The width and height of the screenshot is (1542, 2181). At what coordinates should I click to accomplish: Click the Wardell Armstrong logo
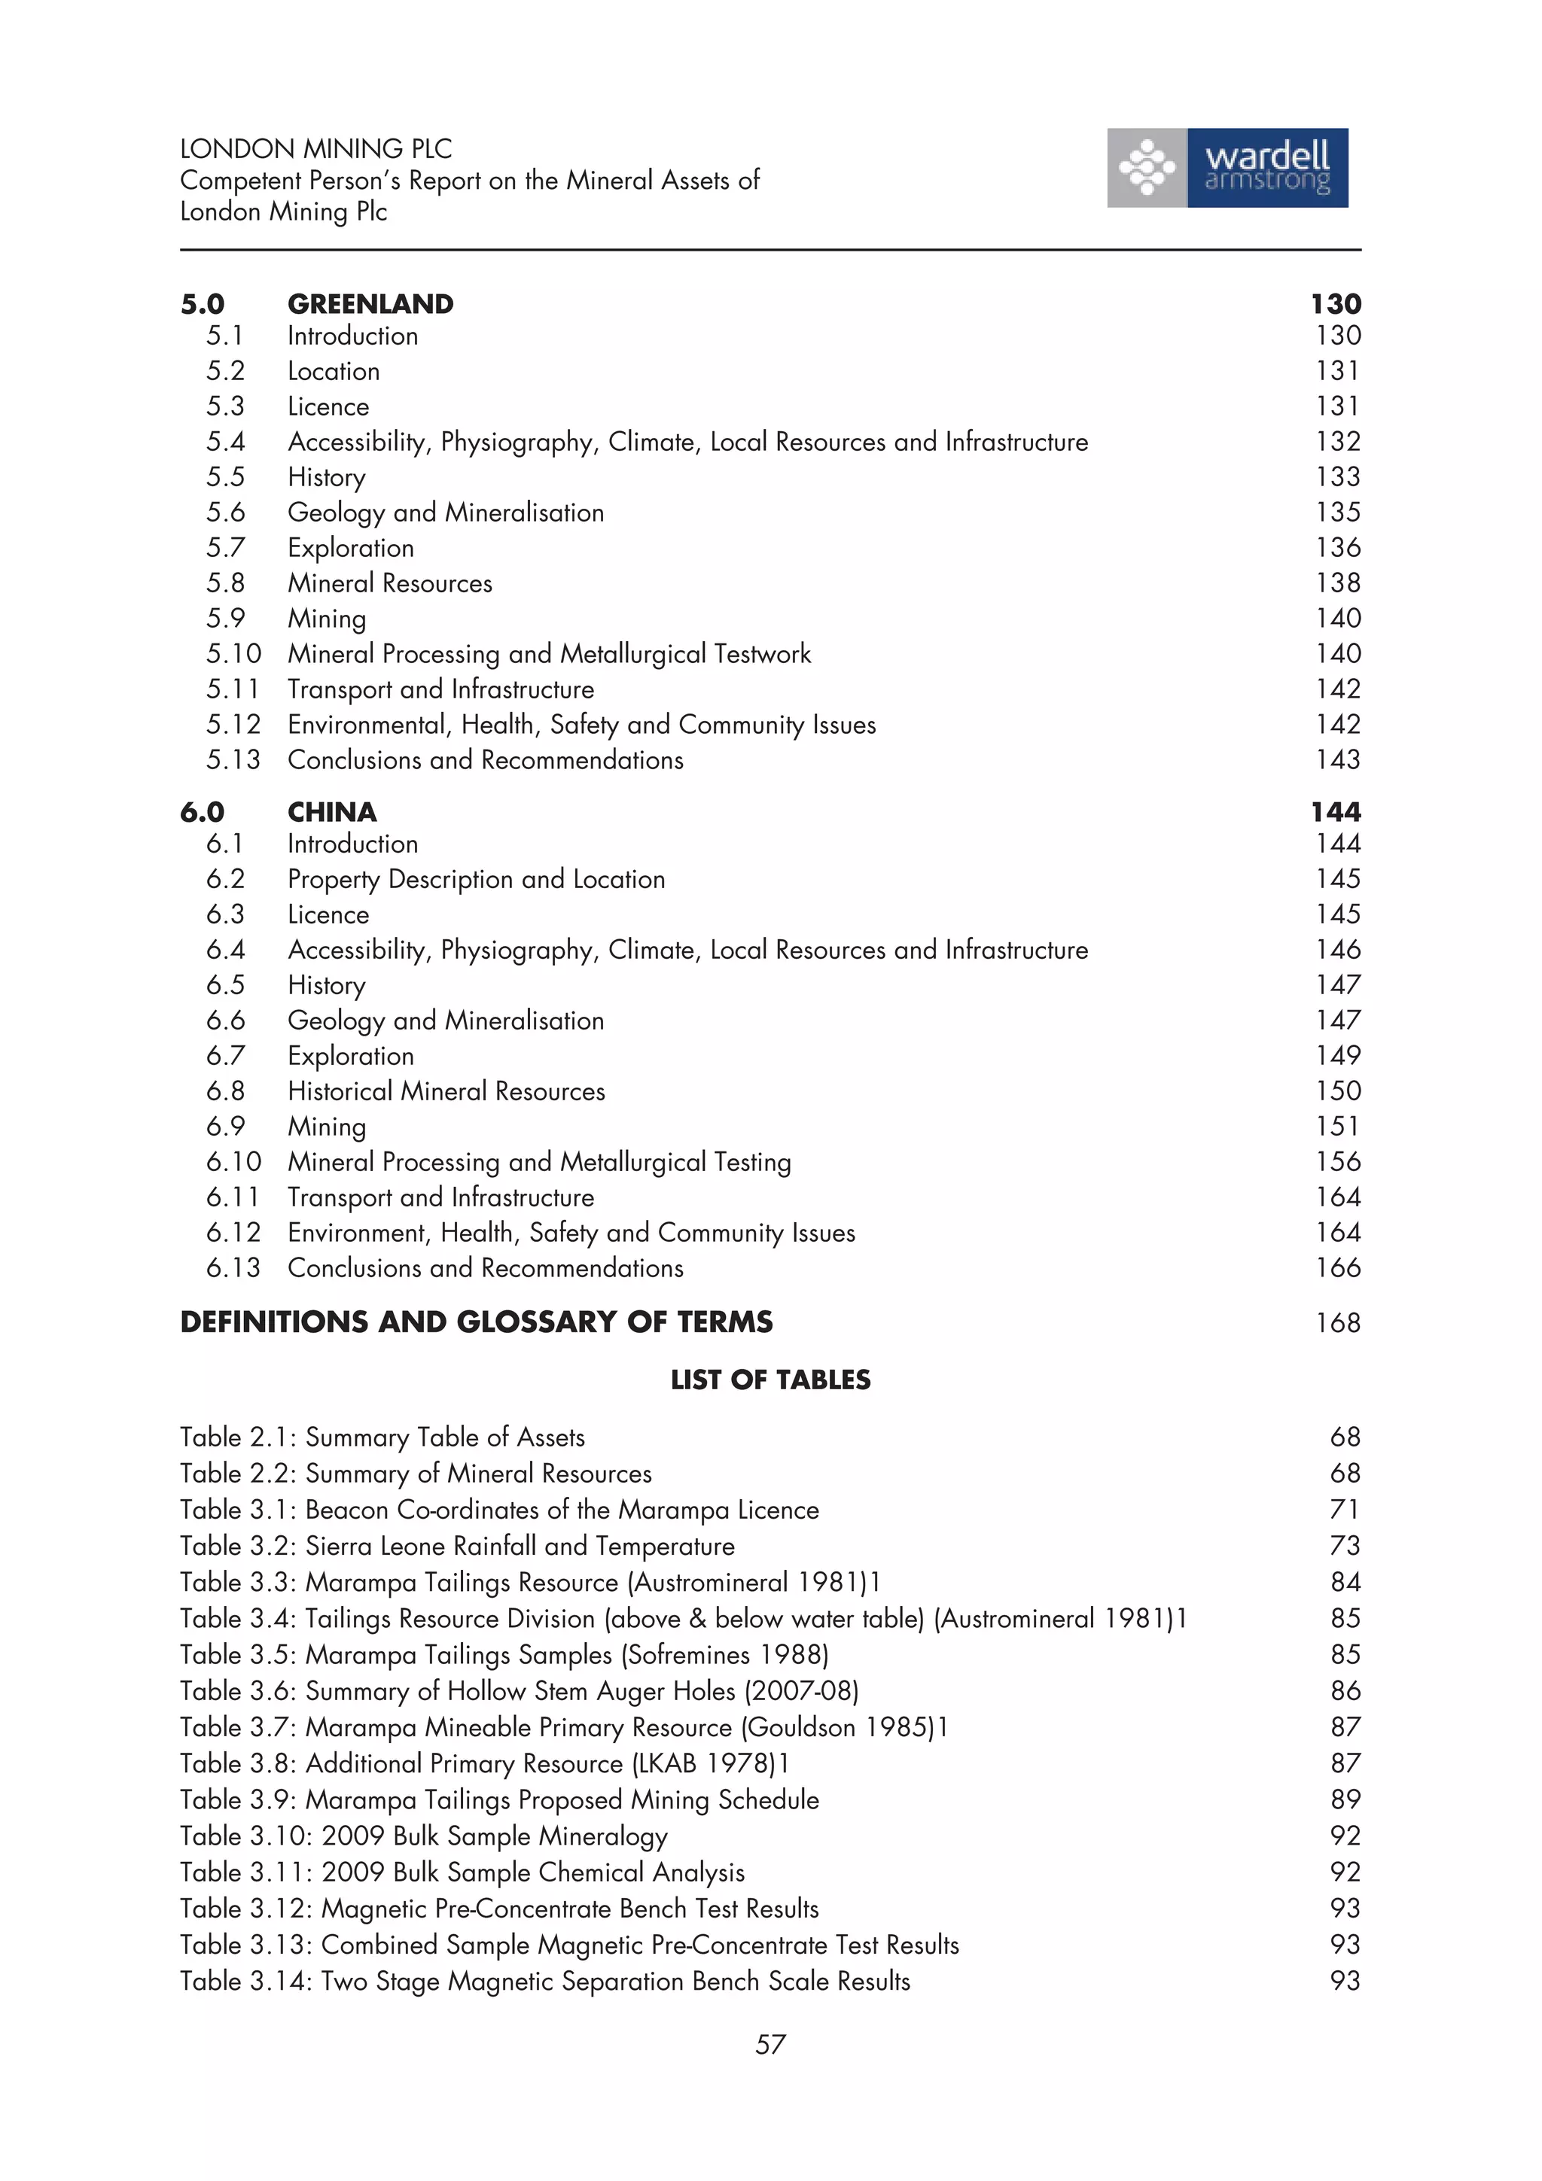coord(1227,168)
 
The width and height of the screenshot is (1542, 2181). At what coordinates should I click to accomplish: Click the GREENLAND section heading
coord(370,304)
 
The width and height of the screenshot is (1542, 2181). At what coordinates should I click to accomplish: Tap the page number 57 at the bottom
coord(769,2044)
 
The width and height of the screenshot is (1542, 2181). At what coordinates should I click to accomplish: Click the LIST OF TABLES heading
coord(769,1379)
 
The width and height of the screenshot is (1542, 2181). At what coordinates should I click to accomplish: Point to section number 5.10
coord(233,653)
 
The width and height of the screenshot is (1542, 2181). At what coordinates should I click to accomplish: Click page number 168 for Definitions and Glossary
coord(1338,1322)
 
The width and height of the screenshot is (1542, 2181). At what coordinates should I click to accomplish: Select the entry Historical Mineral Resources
coord(446,1090)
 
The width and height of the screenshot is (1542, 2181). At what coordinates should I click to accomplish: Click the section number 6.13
coord(233,1267)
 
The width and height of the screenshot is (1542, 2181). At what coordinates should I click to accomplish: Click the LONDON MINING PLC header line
coord(315,149)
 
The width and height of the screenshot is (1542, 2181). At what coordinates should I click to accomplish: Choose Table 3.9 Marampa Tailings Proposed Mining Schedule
coord(498,1799)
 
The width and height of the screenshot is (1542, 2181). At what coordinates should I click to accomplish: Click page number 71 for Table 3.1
coord(1345,1510)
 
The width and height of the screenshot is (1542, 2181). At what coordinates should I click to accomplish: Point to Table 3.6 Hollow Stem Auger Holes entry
coord(519,1691)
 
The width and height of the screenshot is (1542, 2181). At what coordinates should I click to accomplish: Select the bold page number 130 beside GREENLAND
coord(1335,304)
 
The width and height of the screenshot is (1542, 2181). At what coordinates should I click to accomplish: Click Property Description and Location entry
coord(476,879)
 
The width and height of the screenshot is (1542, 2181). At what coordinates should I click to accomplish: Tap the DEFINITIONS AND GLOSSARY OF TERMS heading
coord(476,1322)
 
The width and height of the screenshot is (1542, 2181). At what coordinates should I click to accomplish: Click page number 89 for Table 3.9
coord(1345,1799)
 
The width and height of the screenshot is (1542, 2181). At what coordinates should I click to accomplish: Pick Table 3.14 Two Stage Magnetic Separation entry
coord(544,1981)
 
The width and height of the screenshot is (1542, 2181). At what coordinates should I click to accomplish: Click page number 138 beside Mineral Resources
coord(1338,583)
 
